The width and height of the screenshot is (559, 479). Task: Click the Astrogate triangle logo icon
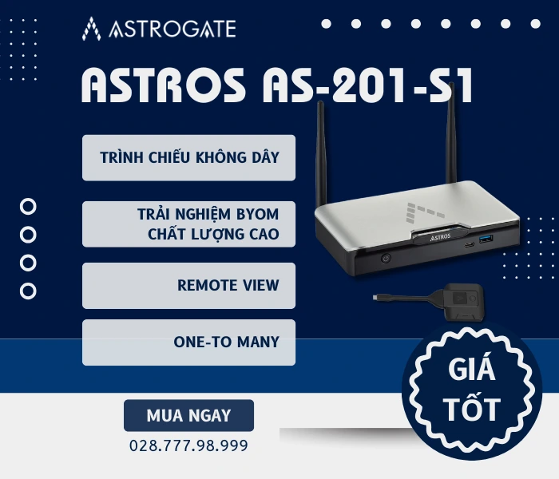point(92,29)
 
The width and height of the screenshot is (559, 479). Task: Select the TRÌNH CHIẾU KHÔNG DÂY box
point(189,157)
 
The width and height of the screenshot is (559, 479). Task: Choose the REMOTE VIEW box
point(189,285)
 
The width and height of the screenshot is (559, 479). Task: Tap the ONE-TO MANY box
point(189,342)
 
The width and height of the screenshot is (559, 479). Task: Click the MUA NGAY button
point(188,415)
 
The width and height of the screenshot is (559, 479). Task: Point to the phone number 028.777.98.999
point(188,445)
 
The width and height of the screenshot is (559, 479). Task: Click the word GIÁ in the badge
point(471,373)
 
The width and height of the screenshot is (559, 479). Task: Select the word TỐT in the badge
point(472,410)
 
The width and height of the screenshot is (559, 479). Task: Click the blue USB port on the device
point(487,240)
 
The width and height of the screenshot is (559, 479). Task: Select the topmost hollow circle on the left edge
point(28,207)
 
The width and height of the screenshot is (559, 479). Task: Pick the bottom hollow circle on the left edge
point(28,291)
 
